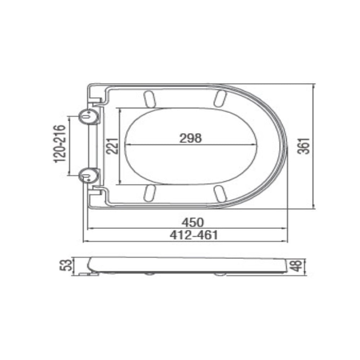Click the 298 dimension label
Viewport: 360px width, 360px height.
pos(190,138)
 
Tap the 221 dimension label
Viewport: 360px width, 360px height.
pos(112,146)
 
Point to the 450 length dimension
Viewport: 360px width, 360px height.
pos(193,222)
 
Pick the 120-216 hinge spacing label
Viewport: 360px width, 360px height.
pos(60,144)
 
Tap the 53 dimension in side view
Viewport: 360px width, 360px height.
pos(66,265)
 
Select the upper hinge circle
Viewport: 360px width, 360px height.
pos(89,117)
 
